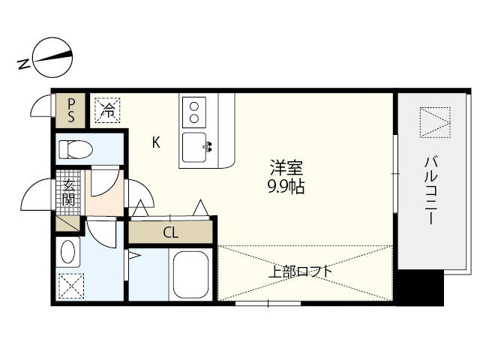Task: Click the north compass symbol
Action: point(52,57)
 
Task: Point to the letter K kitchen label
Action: point(156,142)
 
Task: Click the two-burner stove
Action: point(194,111)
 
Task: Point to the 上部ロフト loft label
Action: point(300,271)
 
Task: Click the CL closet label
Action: point(171,232)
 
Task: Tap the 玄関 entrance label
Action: point(68,193)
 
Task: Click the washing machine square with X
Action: point(72,286)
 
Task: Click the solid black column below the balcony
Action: point(420,288)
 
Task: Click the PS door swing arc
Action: point(43,109)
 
